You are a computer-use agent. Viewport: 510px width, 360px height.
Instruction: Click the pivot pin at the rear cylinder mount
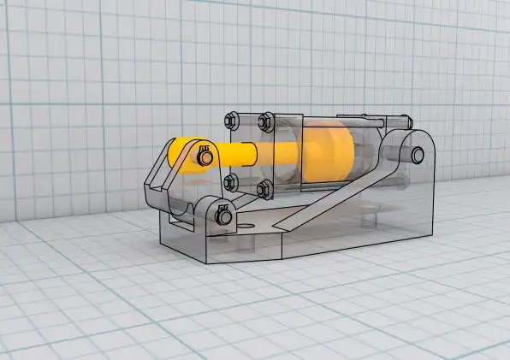(417, 155)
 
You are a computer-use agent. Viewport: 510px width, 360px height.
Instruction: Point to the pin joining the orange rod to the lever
(205, 156)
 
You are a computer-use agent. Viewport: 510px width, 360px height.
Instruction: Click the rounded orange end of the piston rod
(178, 151)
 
